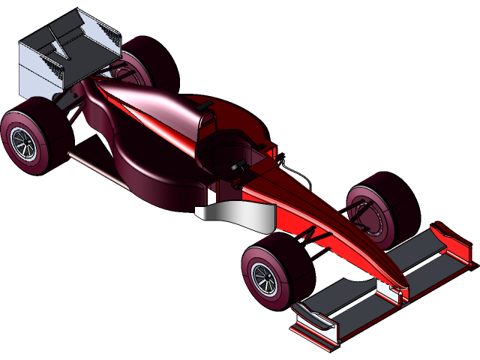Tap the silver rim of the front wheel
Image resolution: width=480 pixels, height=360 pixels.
click(x=263, y=277)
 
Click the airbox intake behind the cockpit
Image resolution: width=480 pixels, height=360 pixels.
click(x=202, y=112)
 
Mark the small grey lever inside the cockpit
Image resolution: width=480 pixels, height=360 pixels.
click(x=238, y=166)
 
